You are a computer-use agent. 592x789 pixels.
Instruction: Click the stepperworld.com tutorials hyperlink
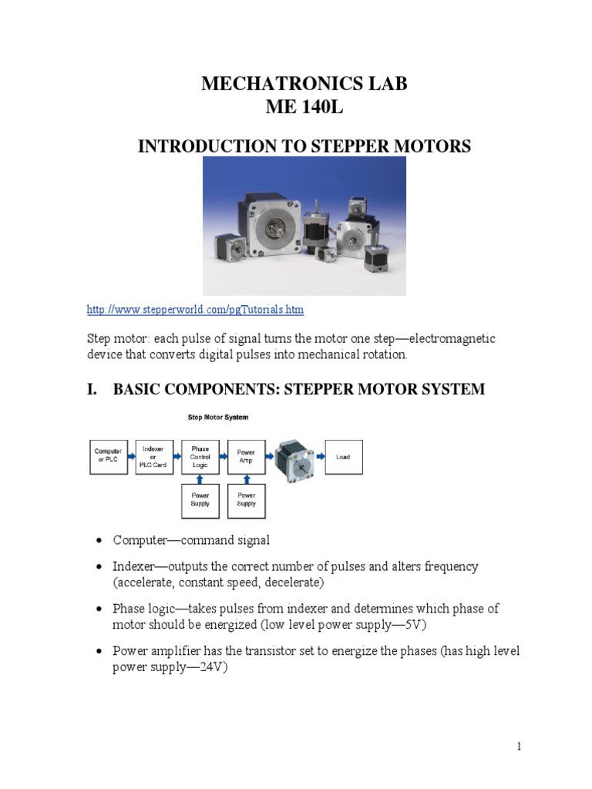[195, 310]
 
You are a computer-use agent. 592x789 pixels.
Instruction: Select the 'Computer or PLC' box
[109, 456]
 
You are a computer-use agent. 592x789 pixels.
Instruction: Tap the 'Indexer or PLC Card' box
[154, 456]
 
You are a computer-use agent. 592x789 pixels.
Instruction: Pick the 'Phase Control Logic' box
[200, 456]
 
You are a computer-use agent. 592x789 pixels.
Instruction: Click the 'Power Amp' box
[247, 456]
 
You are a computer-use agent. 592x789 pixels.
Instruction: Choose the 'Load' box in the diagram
[343, 456]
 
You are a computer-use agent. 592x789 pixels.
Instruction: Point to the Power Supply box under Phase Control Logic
[200, 499]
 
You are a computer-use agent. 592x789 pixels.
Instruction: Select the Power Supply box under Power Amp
[247, 499]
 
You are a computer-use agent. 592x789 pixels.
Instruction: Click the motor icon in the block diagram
[294, 456]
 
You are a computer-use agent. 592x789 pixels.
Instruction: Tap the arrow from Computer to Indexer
[130, 456]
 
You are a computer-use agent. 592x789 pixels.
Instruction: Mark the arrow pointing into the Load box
[318, 456]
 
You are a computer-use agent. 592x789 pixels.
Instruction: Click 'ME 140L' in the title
[303, 110]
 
